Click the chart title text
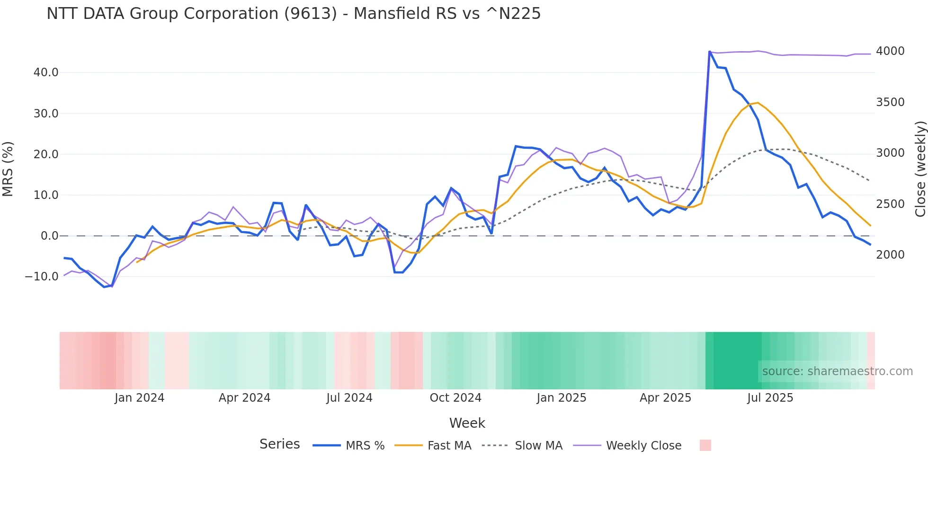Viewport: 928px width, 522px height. tap(294, 14)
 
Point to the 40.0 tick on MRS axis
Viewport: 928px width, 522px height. tap(46, 72)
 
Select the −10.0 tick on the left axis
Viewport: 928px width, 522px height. tap(42, 277)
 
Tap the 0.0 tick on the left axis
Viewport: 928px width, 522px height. tap(49, 236)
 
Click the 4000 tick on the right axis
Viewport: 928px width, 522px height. tap(890, 51)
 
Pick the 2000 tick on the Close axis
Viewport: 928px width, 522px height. tap(890, 255)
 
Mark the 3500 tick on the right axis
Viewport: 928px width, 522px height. tap(890, 102)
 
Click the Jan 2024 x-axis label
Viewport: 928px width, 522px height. tap(139, 398)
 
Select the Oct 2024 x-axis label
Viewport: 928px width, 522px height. tap(455, 398)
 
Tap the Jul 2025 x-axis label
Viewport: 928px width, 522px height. tap(770, 398)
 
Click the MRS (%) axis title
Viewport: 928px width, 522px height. tap(8, 169)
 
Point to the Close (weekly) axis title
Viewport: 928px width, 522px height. tap(920, 169)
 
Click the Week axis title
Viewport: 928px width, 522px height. tap(467, 423)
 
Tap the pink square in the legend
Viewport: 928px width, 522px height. tap(705, 446)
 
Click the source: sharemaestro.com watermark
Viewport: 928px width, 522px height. tap(837, 371)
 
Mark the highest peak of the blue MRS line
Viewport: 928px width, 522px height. tap(709, 52)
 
